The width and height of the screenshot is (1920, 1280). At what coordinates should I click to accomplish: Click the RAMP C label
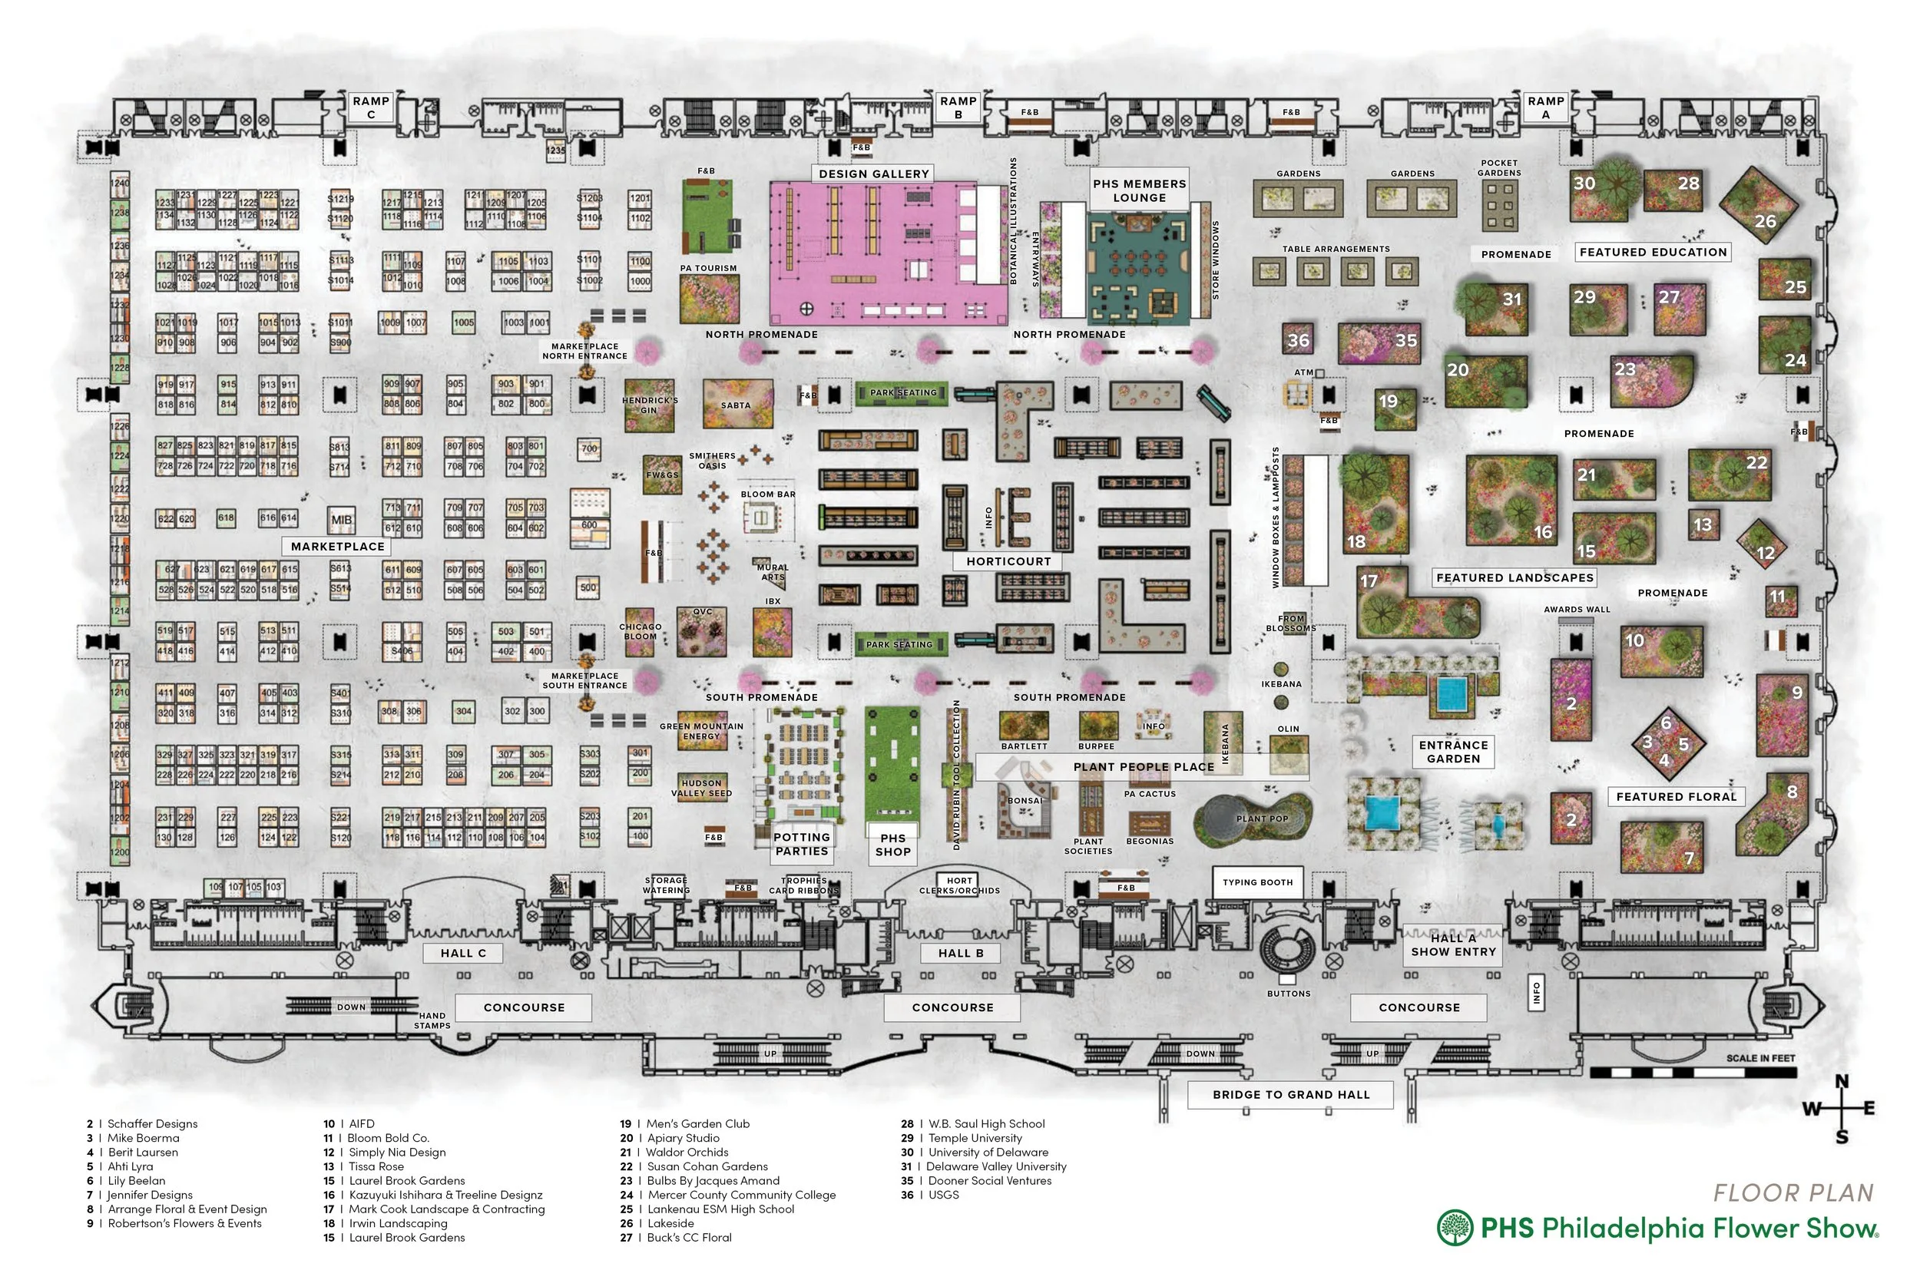coord(371,107)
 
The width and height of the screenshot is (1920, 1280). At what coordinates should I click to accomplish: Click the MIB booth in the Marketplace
coord(341,519)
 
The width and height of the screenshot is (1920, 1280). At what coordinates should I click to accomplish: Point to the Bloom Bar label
coord(767,494)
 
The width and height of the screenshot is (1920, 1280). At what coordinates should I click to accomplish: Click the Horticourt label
coord(1008,561)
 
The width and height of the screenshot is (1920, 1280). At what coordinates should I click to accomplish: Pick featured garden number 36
coord(1297,340)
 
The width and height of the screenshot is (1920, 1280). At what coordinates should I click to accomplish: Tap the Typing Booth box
coord(1257,882)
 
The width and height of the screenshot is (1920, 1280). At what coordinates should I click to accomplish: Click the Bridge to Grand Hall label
coord(1290,1095)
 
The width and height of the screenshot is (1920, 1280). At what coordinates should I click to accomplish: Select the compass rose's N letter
coord(1842,1083)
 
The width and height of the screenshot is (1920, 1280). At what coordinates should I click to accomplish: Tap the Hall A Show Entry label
coord(1453,945)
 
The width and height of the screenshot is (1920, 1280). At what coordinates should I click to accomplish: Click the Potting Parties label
coord(802,844)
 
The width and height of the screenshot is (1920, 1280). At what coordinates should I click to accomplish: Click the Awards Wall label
coord(1577,610)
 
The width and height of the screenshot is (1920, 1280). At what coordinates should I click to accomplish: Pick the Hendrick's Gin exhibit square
coord(650,405)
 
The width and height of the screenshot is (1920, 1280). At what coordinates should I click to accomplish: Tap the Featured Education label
coord(1653,253)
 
